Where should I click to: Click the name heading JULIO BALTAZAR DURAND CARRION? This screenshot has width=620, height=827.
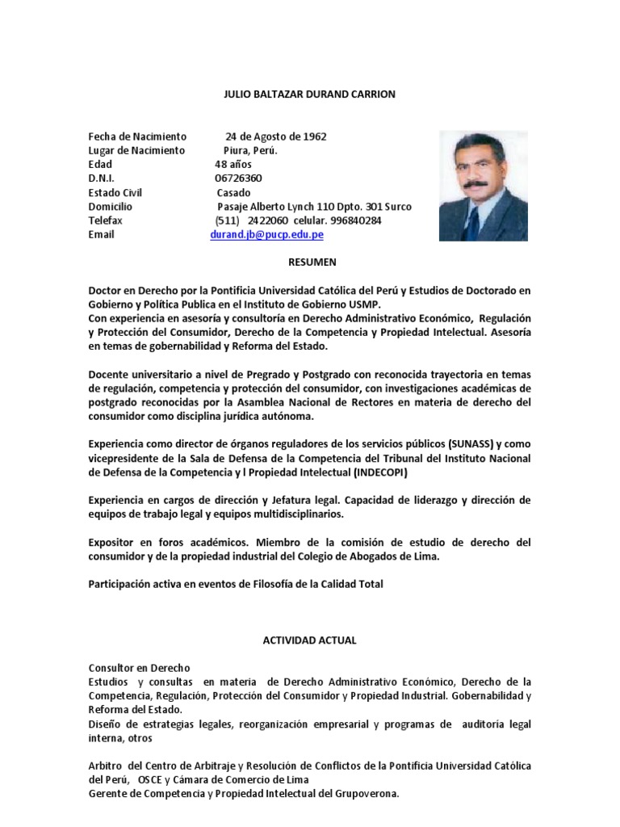pos(309,94)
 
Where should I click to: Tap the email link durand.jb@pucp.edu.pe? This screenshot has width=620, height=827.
pos(266,234)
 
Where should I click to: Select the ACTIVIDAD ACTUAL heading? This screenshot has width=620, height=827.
pos(309,640)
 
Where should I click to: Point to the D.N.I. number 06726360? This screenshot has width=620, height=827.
pos(238,178)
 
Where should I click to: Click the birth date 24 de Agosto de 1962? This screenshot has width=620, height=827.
pos(276,136)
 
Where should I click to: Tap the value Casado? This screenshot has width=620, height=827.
pos(233,192)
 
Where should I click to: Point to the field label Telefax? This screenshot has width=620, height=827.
pos(105,220)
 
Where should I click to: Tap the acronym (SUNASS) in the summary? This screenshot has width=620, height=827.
pos(470,445)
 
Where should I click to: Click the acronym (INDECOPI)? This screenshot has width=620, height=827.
pos(380,472)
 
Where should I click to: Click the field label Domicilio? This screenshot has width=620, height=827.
pos(110,207)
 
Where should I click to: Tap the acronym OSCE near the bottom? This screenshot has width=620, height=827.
pos(151,780)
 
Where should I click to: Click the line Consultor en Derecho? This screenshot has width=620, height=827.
pos(139,668)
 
